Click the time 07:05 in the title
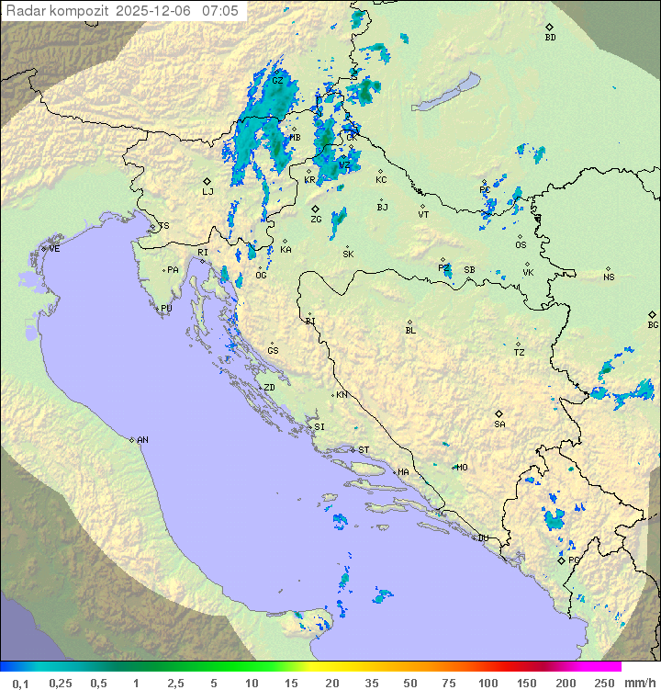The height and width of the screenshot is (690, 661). [x=220, y=11]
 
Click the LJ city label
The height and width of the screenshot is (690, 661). [x=207, y=192]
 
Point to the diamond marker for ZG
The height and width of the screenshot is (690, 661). [x=315, y=209]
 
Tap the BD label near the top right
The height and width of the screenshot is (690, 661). [x=550, y=38]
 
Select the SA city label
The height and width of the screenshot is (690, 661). [x=499, y=424]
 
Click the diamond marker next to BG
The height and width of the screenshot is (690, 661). [x=652, y=314]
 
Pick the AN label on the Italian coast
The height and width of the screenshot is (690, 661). [x=142, y=440]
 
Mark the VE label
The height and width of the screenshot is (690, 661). [x=54, y=249]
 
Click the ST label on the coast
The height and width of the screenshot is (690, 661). [x=364, y=450]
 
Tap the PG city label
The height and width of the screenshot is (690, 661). [x=574, y=560]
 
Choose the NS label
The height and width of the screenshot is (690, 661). [x=609, y=277]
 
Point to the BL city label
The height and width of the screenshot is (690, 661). [x=410, y=331]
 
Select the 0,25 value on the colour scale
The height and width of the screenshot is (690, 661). [x=61, y=683]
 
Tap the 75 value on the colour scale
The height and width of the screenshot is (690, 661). [x=450, y=683]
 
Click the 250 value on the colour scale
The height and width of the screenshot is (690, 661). [x=604, y=683]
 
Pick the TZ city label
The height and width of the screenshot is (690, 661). [x=519, y=353]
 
